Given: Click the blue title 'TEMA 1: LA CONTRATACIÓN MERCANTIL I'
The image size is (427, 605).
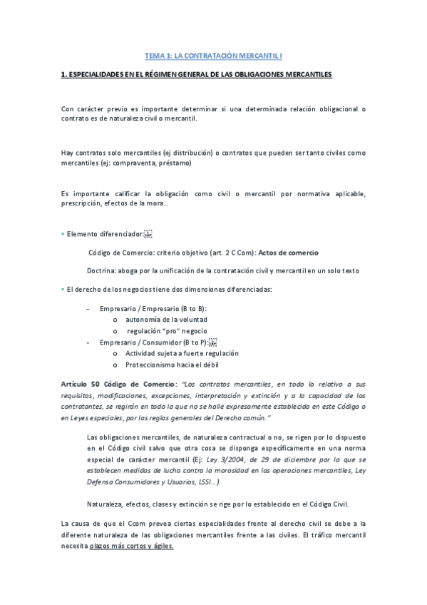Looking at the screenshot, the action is point(213,55).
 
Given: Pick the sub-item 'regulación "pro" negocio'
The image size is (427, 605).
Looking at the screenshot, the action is point(167,331).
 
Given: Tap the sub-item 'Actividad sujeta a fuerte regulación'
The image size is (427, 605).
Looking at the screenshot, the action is point(181,354).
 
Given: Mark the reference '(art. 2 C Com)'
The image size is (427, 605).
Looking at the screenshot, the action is point(232,253).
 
